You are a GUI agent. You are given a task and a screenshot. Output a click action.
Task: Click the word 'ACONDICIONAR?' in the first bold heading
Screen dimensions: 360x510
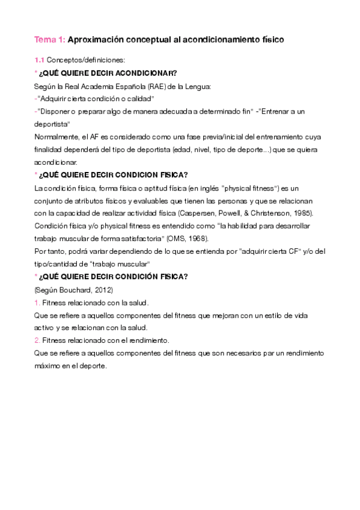[144, 73]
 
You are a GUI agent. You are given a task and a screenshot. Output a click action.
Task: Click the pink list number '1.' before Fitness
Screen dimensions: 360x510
[37, 302]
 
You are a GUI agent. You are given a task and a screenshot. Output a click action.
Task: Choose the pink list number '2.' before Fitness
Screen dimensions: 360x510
[37, 340]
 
